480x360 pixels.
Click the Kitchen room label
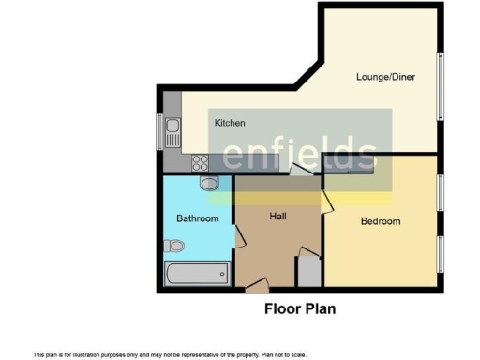(x=230, y=123)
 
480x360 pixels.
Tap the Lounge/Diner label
(x=385, y=77)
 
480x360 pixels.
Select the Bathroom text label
(x=198, y=218)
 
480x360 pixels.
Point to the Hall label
(x=277, y=217)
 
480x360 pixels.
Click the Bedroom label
(x=381, y=221)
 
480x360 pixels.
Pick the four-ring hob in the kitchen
(x=200, y=162)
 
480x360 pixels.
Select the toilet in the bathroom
(x=172, y=246)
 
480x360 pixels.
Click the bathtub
(x=196, y=273)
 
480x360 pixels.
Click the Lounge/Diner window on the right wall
(x=440, y=86)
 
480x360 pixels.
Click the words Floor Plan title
(x=300, y=307)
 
